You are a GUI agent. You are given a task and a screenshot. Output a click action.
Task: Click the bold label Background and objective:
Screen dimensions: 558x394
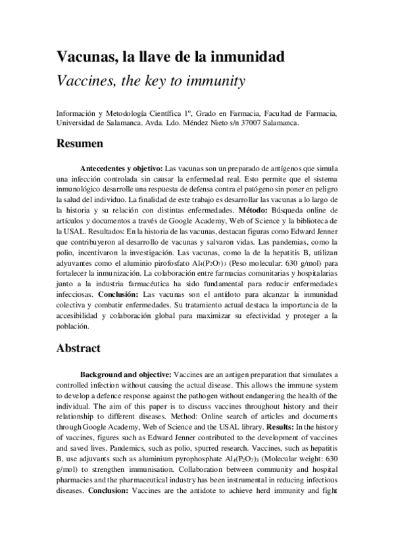(x=126, y=374)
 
